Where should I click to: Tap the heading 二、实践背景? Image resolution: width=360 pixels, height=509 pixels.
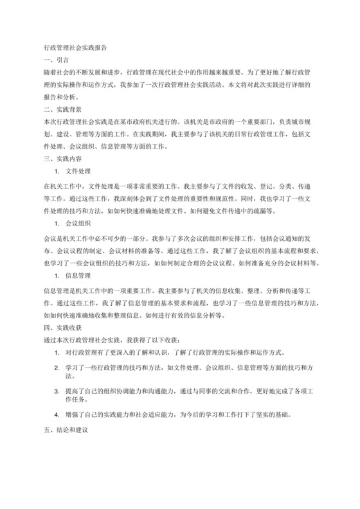[x=59, y=110]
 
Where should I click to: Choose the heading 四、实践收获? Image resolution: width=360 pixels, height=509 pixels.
[x=59, y=326]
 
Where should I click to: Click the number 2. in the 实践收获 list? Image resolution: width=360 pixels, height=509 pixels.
[x=58, y=366]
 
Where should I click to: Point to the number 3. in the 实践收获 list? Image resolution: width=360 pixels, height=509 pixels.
[x=58, y=391]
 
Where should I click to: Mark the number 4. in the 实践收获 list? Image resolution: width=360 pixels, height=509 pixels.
[x=58, y=415]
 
